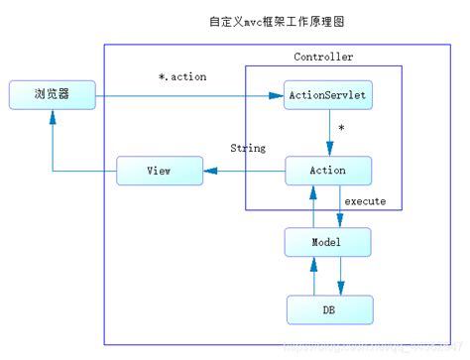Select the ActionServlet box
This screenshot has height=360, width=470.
click(328, 96)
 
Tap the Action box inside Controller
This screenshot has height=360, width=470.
click(328, 171)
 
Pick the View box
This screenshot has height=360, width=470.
click(159, 171)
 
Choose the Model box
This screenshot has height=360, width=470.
click(328, 242)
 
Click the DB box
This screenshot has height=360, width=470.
click(328, 309)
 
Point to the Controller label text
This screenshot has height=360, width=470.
click(323, 58)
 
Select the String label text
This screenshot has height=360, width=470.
click(248, 149)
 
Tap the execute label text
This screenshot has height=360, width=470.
click(365, 201)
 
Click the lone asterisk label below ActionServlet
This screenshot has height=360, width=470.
click(341, 130)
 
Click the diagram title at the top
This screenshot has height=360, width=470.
click(235, 21)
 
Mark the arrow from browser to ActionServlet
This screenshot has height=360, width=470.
click(188, 96)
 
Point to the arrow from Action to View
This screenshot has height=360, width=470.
click(243, 171)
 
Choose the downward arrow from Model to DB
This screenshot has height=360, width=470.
click(340, 276)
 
